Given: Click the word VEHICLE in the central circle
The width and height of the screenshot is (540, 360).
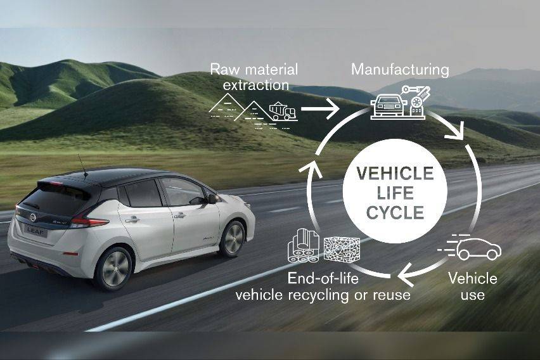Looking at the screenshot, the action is coord(395,173).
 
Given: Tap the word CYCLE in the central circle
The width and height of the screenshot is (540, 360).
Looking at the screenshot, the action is coord(395,212).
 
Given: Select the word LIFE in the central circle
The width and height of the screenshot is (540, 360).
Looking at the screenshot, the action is coord(395,193).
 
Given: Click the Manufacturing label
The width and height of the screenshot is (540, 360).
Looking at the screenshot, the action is coord(400,70).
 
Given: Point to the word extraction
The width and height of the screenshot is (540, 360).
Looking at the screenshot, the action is coord(256,85).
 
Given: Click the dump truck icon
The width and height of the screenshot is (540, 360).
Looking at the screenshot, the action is coord(283,112).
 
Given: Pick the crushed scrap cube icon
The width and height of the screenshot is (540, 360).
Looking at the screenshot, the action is coord(342,249).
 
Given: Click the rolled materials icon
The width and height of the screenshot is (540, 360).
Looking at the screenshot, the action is coord(304,246).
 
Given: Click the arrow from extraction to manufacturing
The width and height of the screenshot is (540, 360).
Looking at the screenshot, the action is coord(320,109).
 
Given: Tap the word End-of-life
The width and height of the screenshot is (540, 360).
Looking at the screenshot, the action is coord(323,278).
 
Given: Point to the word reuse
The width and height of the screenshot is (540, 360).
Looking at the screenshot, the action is coord(392,295).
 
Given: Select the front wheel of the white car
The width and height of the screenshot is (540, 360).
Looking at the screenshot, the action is coord(233,239).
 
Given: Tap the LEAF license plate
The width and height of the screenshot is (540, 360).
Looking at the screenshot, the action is coord(35,231).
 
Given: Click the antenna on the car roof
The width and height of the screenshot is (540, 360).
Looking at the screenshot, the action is coord(82,165).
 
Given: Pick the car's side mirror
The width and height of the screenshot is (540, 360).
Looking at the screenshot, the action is coord(212,199).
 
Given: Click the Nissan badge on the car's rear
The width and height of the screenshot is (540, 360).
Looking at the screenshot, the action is coord(33,217).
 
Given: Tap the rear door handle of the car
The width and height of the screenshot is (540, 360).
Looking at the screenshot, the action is coord(132,219).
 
